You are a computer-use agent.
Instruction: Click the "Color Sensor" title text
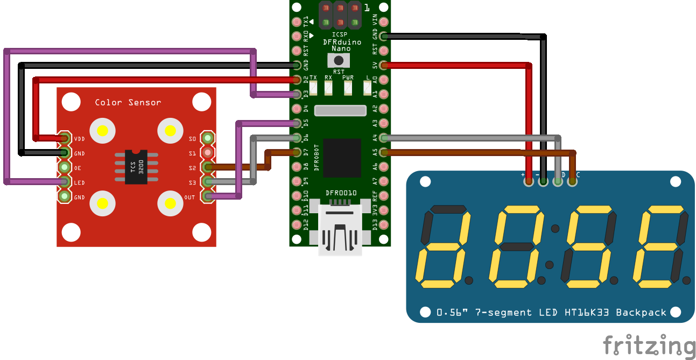(x=128, y=102)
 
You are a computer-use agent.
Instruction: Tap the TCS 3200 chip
(x=136, y=167)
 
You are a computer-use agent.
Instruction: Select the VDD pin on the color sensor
(x=65, y=138)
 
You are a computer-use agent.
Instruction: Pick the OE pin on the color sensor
(x=65, y=167)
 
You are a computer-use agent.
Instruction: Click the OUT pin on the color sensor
(x=207, y=197)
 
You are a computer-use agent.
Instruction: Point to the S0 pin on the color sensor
(x=207, y=138)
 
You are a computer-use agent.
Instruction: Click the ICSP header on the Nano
(x=340, y=16)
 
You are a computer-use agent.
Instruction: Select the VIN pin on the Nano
(x=383, y=22)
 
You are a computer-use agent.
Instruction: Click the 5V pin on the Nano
(x=383, y=66)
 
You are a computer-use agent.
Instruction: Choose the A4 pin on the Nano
(x=383, y=138)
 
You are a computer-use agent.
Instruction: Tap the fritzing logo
(x=649, y=345)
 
